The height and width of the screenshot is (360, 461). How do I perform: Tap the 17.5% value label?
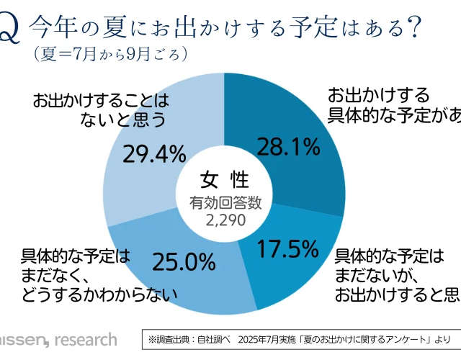coord(288,249)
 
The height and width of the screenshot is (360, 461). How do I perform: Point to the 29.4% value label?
coord(154,153)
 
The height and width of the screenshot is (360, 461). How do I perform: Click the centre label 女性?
coord(224,178)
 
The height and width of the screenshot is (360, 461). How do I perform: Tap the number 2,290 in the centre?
coord(224,218)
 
